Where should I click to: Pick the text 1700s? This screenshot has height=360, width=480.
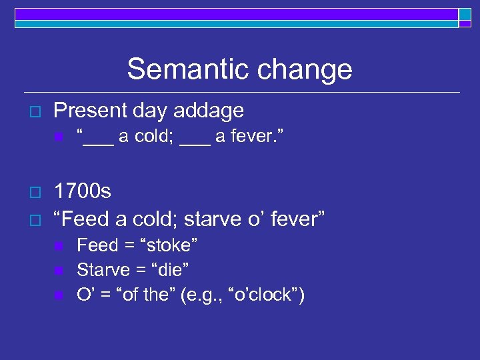click(82, 192)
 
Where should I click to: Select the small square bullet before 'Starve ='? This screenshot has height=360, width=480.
click(58, 271)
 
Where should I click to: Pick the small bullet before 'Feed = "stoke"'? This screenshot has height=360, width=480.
click(58, 246)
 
